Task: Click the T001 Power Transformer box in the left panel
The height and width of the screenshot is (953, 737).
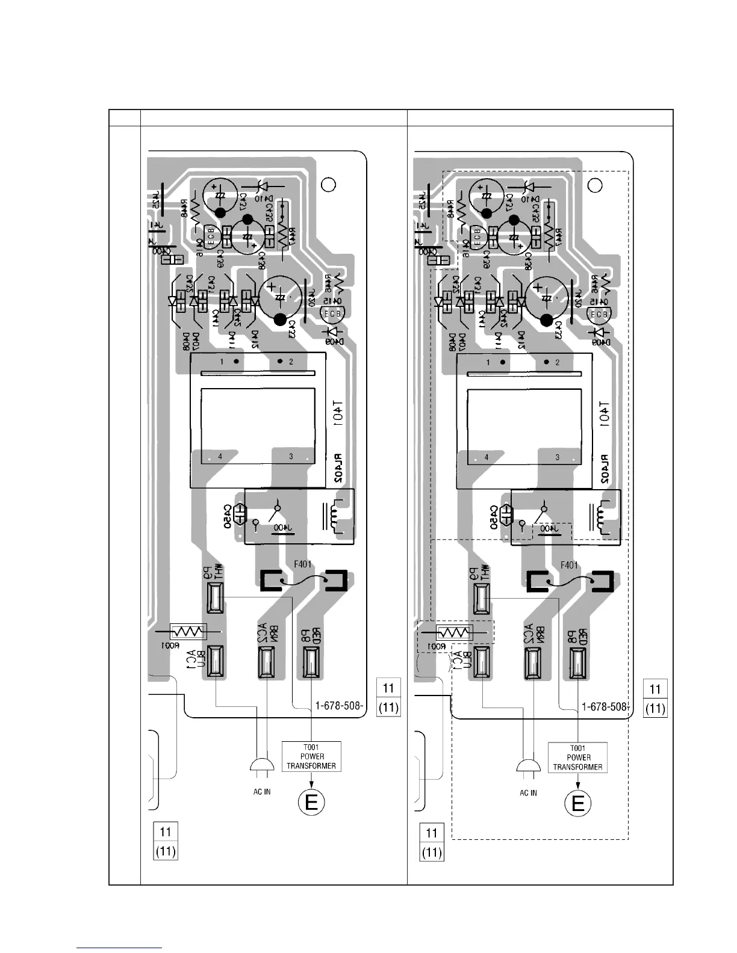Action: (311, 757)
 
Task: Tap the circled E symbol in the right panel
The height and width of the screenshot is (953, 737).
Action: (578, 803)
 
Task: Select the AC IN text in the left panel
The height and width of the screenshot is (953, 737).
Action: (262, 792)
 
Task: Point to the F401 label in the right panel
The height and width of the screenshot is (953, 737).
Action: (568, 565)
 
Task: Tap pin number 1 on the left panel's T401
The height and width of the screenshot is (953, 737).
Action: (222, 362)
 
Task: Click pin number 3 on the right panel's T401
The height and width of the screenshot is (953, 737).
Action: (558, 457)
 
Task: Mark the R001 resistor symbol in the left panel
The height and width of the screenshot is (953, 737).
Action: (188, 632)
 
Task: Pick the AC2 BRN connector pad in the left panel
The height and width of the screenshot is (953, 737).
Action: (266, 662)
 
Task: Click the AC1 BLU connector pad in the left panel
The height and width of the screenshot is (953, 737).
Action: (215, 661)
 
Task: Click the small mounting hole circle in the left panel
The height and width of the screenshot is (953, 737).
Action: (328, 185)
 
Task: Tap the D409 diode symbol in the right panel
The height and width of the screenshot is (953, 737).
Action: (597, 332)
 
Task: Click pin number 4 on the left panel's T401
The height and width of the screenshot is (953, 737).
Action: (220, 457)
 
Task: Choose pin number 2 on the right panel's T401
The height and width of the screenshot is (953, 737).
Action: (558, 362)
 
